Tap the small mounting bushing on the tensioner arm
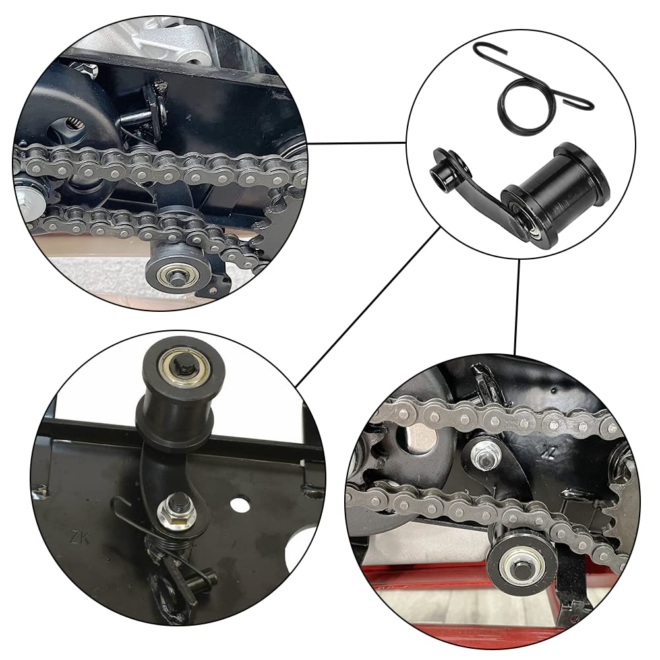(441, 173)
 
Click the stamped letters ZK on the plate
(78, 535)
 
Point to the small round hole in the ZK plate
(241, 506)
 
